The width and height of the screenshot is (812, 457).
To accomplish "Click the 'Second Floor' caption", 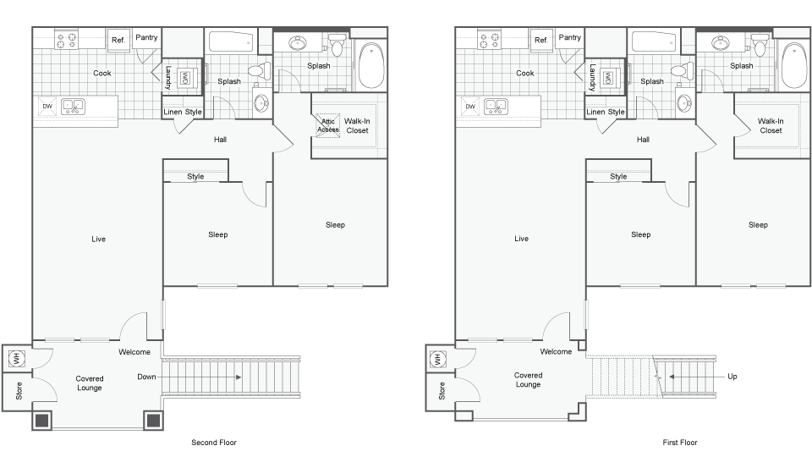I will pyautogui.click(x=213, y=443).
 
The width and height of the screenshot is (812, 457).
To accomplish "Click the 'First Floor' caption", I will pyautogui.click(x=680, y=443).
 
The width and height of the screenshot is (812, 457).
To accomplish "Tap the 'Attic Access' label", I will pyautogui.click(x=327, y=126).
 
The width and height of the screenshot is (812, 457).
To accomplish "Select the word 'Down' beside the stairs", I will pyautogui.click(x=145, y=377).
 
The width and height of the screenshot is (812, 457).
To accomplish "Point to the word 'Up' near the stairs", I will pyautogui.click(x=732, y=377).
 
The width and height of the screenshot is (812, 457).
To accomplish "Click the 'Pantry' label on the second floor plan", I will pyautogui.click(x=146, y=37).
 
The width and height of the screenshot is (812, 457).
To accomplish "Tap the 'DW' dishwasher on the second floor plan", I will pyautogui.click(x=47, y=106).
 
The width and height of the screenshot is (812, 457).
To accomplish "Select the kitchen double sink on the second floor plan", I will pyautogui.click(x=72, y=106).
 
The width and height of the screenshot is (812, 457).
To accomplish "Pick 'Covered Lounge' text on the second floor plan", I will pyautogui.click(x=90, y=383).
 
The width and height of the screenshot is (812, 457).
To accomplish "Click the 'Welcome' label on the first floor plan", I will pyautogui.click(x=556, y=352).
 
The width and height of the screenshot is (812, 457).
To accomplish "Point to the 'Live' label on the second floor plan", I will pyautogui.click(x=99, y=240).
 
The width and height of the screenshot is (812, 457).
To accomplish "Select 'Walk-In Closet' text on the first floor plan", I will pyautogui.click(x=771, y=126).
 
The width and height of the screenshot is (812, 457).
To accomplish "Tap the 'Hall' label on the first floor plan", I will pyautogui.click(x=643, y=140).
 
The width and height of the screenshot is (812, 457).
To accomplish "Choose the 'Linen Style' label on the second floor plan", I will pyautogui.click(x=183, y=112).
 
